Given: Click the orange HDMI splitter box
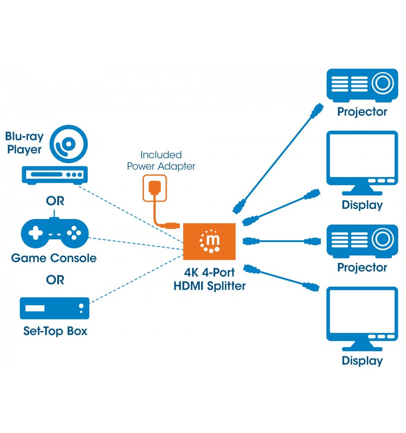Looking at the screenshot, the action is pos(209,242).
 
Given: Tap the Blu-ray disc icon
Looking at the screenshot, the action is pos(69,144).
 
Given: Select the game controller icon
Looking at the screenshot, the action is pos(55,233).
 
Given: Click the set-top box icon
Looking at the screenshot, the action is pos(55,308).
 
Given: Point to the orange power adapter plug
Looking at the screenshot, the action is pos(154,188).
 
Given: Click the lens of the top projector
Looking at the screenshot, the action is pos(383,83).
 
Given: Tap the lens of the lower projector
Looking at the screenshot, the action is pos(383,239).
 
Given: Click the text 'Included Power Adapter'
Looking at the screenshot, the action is pos(161,160).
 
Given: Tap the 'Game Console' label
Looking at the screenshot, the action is pos(54,258).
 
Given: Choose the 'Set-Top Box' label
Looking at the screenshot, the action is pos(55,331).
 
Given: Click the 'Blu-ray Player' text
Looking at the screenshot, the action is pos(24,143).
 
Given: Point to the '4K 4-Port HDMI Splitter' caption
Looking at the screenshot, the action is pos(210,279).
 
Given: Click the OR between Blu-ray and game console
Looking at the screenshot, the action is pos(55,201).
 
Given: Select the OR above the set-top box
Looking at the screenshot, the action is pos(55,280).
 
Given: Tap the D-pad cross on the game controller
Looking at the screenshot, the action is pos(36,233).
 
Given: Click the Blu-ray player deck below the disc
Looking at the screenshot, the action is pos(55,175).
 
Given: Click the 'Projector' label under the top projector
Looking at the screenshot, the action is pos(362,112).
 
